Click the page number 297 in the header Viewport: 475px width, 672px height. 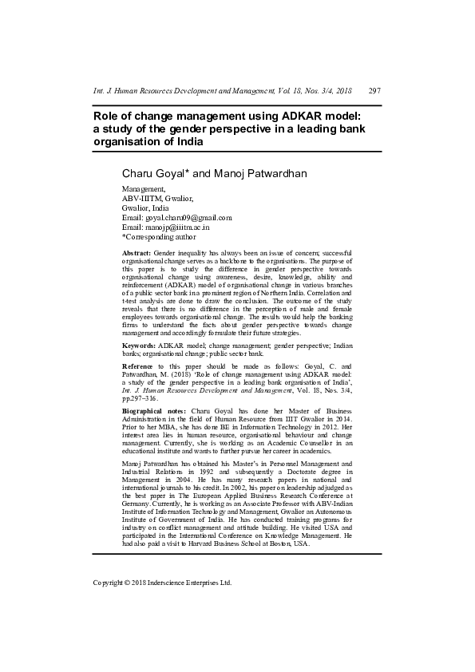[x=374, y=91]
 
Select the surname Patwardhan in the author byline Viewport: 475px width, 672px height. [x=275, y=173]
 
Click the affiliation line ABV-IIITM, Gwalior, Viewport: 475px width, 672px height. [x=156, y=198]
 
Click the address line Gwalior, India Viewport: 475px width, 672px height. [x=145, y=208]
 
